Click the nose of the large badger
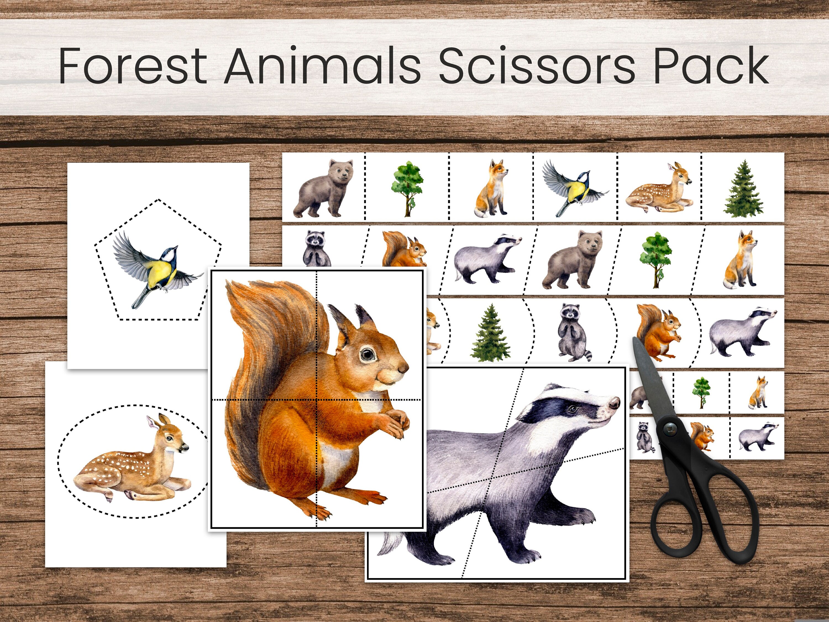coord(614,403)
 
